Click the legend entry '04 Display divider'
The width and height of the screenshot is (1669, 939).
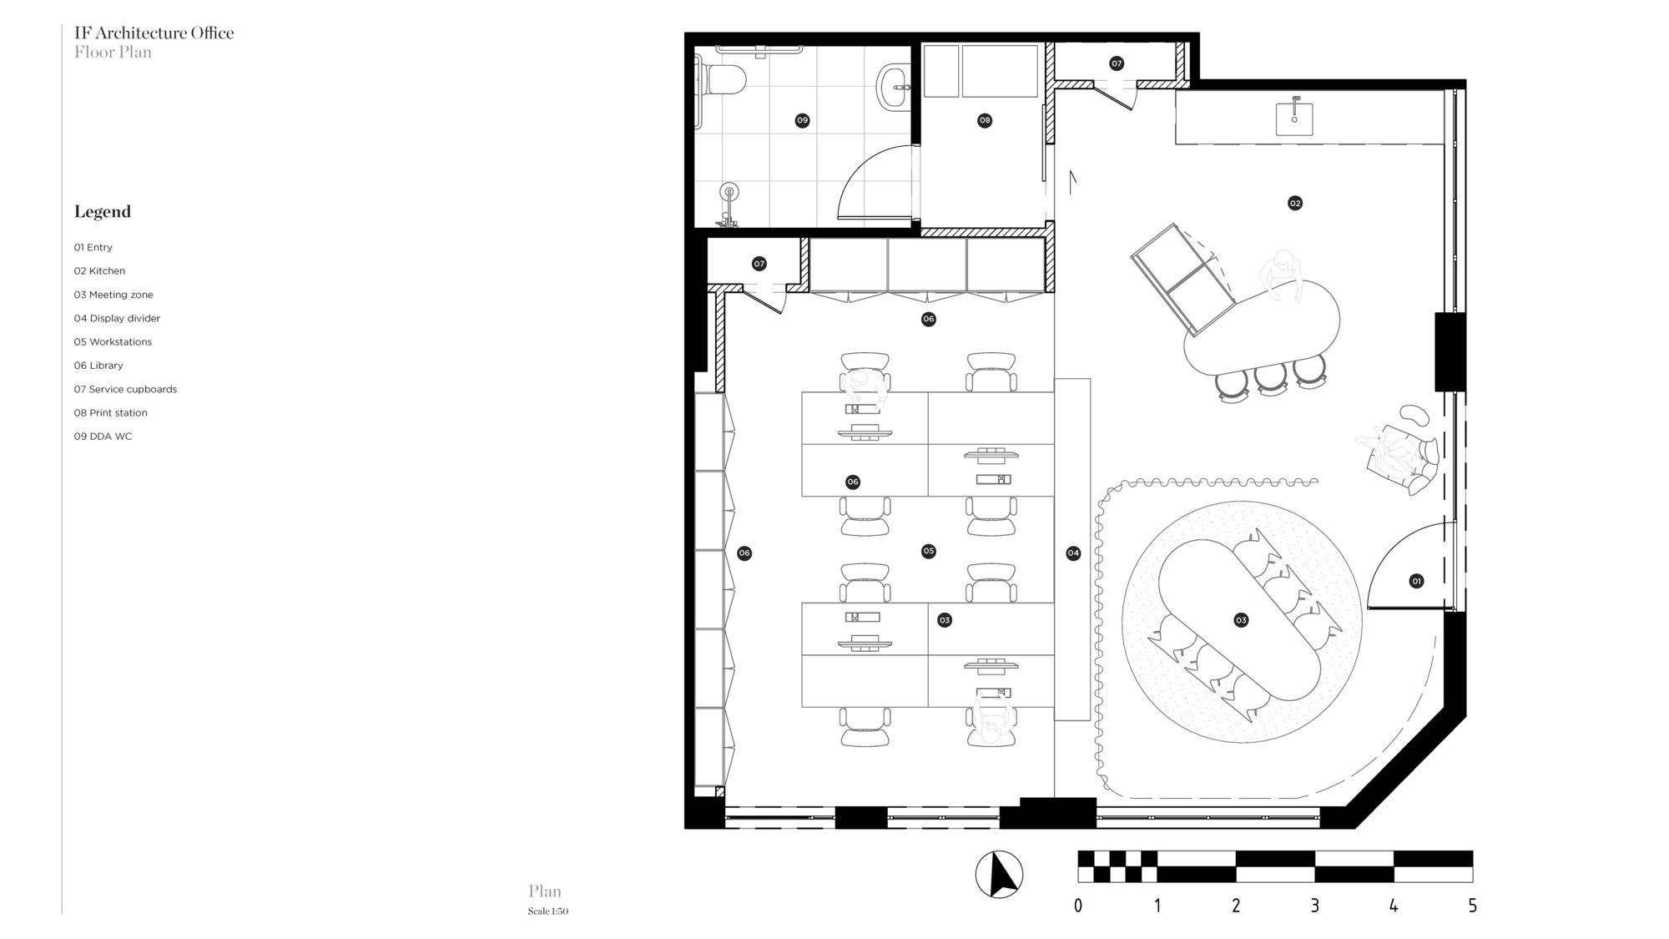pos(117,318)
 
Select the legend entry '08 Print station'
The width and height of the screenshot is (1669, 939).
pos(110,412)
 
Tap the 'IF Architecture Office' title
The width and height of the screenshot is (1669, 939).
pos(154,33)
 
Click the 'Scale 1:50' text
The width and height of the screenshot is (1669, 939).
pos(547,911)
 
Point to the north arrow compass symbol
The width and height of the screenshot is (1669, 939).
pos(999,875)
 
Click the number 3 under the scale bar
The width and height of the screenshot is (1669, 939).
pos(1314,906)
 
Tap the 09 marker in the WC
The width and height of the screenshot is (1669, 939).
pos(802,120)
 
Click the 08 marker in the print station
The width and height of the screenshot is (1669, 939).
pos(985,120)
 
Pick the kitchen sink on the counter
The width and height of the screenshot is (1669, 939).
pos(1294,119)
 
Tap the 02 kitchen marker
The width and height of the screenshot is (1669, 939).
pos(1294,203)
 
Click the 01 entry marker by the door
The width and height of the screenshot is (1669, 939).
pos(1416,581)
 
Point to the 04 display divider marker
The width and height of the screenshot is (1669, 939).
pos(1073,553)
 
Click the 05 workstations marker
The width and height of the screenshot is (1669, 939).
pos(928,551)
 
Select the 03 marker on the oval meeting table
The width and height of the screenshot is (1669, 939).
pos(1241,619)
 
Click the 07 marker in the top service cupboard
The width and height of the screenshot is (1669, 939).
pos(1117,63)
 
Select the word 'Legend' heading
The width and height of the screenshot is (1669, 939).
pos(103,211)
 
